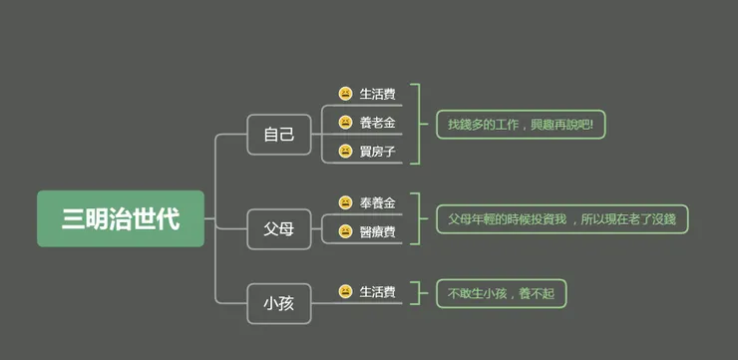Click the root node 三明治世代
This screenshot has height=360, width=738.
(121, 218)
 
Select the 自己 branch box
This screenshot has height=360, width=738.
(279, 135)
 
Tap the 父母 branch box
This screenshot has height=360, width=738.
(279, 229)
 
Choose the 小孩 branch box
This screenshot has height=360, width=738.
(279, 303)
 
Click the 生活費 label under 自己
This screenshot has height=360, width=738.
(378, 94)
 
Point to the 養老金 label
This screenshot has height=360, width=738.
(378, 123)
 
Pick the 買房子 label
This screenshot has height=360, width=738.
(378, 152)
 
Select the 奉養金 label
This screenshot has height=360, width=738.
(378, 202)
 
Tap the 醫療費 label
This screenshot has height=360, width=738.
(378, 232)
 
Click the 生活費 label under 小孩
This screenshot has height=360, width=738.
(378, 292)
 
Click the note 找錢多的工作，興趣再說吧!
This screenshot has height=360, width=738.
(521, 125)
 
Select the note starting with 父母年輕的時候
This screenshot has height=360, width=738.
(561, 218)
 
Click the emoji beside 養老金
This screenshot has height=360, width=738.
(345, 123)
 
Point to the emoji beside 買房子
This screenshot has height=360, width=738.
(345, 152)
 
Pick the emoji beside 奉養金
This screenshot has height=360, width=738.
(345, 202)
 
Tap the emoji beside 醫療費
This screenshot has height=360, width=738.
(345, 232)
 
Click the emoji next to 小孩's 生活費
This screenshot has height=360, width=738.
(345, 292)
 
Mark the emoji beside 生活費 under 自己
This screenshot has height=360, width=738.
(345, 94)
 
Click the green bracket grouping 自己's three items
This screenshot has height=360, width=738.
(417, 124)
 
